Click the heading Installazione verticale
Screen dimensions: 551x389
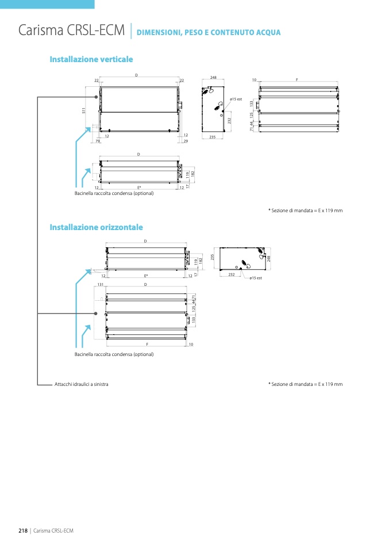tap(91, 59)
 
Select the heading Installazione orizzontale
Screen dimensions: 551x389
tap(96, 227)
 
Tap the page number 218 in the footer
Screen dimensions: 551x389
tap(24, 530)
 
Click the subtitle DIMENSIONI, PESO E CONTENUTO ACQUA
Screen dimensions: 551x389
tap(209, 32)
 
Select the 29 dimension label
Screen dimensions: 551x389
tap(186, 141)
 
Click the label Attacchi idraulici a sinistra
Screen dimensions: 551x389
tap(81, 384)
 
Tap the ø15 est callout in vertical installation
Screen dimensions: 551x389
tap(236, 100)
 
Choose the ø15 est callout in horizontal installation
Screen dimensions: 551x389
tap(256, 278)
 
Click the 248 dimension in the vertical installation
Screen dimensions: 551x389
tap(213, 77)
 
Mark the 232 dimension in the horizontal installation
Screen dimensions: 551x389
tap(231, 275)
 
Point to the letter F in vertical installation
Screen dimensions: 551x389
tap(297, 79)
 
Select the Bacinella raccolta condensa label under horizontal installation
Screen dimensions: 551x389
tap(114, 354)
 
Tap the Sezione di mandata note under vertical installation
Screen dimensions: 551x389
tap(305, 211)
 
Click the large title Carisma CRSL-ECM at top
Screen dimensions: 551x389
tap(72, 30)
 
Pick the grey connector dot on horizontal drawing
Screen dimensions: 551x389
tap(95, 313)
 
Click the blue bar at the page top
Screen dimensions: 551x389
tap(47, 4)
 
